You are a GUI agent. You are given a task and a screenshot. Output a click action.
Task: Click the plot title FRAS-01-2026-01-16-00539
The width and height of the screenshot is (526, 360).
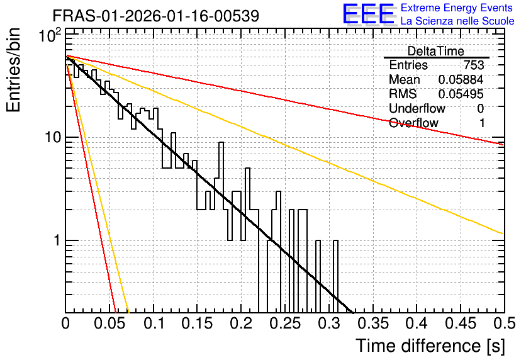pos(156,16)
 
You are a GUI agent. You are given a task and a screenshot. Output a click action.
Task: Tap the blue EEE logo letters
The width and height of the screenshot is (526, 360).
pos(368,14)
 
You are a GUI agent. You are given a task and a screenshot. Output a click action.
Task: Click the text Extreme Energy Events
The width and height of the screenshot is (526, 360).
pos(457,8)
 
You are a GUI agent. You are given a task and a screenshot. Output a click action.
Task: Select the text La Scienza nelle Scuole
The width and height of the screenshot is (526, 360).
pos(457,21)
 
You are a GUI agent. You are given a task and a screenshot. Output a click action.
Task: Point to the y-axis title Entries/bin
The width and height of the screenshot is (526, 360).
pos(13,70)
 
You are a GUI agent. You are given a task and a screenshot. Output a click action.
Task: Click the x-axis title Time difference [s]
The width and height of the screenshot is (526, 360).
pos(430,346)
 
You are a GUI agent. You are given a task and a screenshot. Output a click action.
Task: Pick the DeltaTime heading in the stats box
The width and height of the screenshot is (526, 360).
pos(436,51)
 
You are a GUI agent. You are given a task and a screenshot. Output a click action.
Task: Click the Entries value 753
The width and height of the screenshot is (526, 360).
pos(474,65)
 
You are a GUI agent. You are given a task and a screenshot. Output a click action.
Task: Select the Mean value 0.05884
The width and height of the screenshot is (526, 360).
pos(461,79)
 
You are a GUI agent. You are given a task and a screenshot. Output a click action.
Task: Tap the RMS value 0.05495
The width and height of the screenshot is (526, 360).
pos(461,94)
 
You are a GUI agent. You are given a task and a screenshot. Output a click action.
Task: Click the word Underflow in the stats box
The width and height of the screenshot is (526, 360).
pos(417,108)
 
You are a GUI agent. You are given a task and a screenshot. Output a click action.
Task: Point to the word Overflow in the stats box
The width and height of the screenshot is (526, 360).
pos(413,123)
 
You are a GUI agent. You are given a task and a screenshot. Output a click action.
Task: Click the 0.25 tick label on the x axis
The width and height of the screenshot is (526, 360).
pos(285,323)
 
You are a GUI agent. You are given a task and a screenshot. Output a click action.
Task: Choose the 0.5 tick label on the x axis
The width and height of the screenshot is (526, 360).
pos(505,323)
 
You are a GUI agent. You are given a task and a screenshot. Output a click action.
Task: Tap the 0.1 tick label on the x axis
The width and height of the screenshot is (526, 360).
pos(154,323)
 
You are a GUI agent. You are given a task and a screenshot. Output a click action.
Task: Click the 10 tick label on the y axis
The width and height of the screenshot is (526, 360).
pos(53,137)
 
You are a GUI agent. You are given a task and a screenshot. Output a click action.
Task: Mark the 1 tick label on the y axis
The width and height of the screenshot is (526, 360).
pos(58,240)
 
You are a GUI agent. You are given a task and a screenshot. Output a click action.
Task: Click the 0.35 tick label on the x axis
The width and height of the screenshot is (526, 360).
pos(373,323)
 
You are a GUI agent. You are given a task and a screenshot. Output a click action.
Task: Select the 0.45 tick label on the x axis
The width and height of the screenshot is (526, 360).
pos(461,323)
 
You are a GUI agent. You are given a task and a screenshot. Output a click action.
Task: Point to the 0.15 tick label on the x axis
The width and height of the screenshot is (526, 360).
pos(198,323)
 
